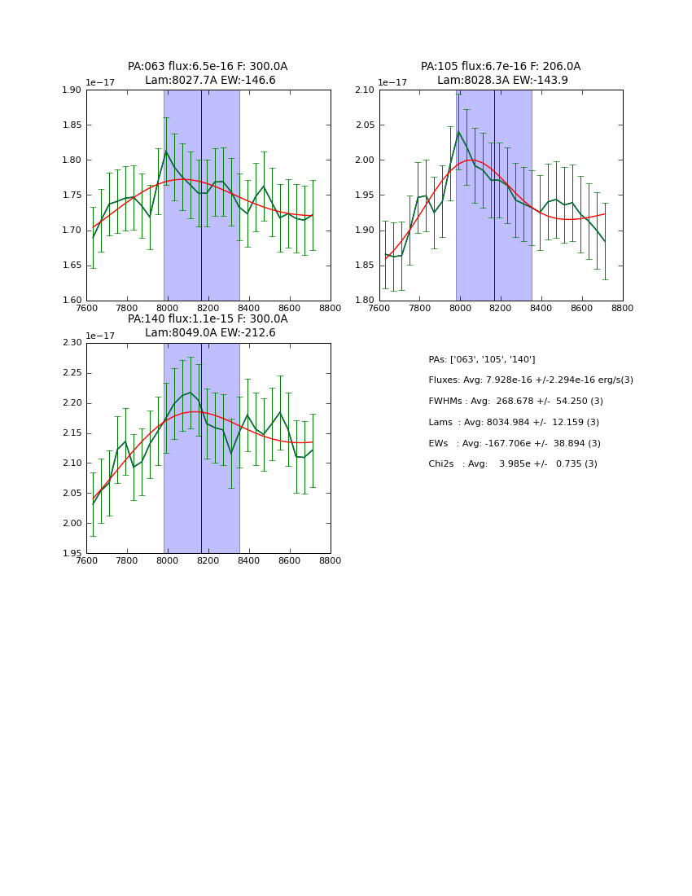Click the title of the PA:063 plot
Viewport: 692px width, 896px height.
tap(208, 73)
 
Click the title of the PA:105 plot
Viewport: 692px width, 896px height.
tap(501, 73)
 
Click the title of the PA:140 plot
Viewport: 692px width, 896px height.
tap(208, 326)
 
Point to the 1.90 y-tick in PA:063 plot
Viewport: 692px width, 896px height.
tap(72, 90)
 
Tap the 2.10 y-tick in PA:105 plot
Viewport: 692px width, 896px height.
tap(366, 90)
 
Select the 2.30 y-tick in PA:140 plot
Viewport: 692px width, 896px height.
tap(72, 343)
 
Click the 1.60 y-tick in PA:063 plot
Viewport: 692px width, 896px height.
tap(72, 301)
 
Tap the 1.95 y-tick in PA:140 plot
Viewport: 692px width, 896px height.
tap(72, 553)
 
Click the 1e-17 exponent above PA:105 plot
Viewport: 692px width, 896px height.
tap(392, 82)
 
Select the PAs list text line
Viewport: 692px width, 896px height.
tap(482, 359)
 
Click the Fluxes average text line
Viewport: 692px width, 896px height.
tap(531, 380)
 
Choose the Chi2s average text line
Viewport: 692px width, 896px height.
tap(513, 464)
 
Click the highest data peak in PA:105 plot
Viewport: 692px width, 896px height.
tap(458, 131)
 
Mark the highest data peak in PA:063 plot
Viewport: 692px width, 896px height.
tap(166, 152)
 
